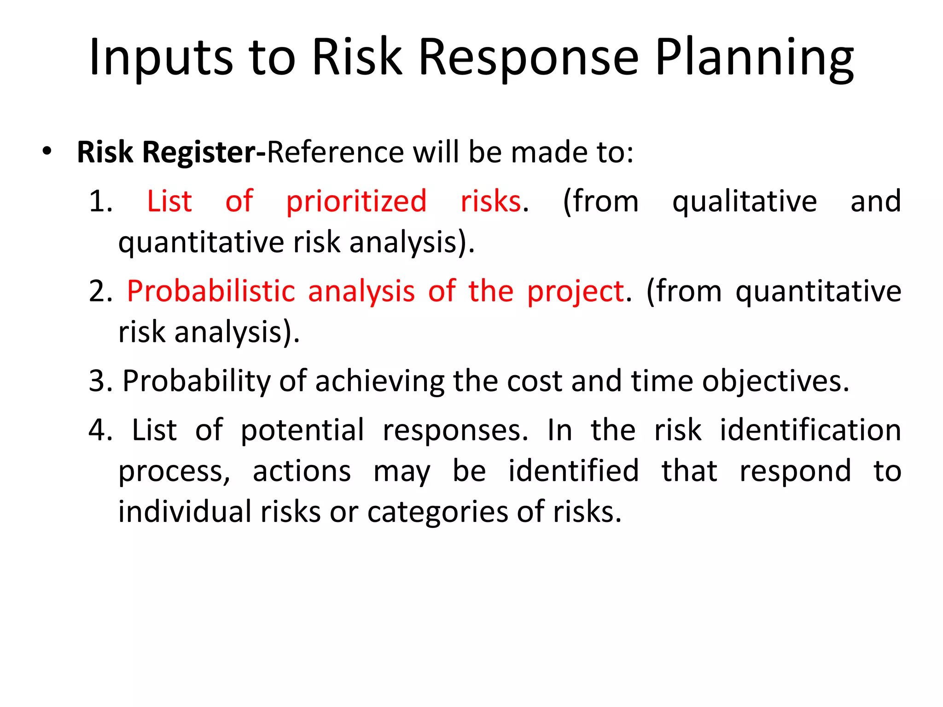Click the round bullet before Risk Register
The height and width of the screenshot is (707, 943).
coord(47,151)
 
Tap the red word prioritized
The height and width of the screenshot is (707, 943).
coord(356,202)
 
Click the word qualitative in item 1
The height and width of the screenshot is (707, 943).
coord(744,202)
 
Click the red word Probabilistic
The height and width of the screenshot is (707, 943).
coord(211,291)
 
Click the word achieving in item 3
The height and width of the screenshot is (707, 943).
coord(379,382)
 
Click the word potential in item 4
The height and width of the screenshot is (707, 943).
coord(302,430)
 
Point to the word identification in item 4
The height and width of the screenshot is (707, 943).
coord(810,430)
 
